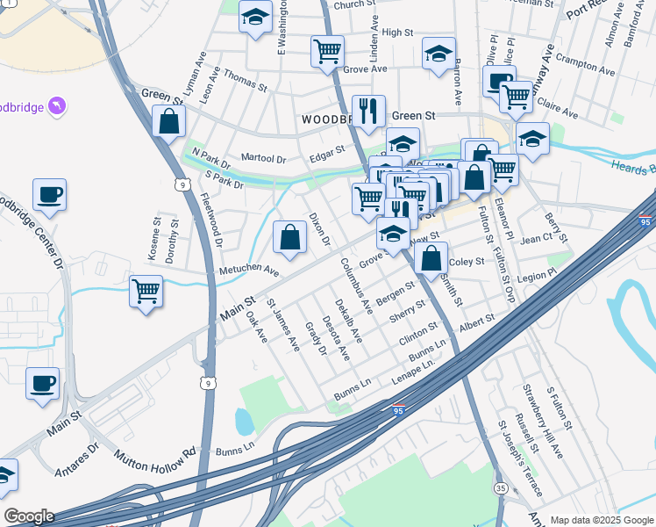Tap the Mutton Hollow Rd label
coord(154,459)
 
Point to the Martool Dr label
coord(263,159)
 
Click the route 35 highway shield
coord(501,487)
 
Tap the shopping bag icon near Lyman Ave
coord(168,121)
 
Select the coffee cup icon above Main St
coord(42,383)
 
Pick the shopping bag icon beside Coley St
coord(431,258)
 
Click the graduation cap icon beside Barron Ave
coord(439,54)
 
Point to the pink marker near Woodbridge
coord(57,106)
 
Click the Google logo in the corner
coord(28,516)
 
